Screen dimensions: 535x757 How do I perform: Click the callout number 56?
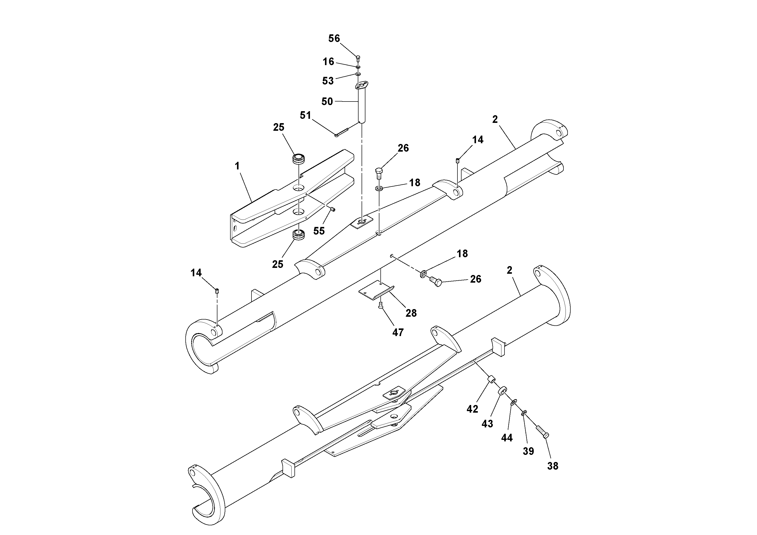(x=334, y=39)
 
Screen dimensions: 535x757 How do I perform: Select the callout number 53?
(x=328, y=81)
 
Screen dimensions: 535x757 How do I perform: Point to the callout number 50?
(x=327, y=102)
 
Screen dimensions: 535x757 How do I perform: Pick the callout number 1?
(x=237, y=166)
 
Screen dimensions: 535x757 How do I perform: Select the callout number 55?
(x=319, y=231)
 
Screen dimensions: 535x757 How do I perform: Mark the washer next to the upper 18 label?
(x=378, y=188)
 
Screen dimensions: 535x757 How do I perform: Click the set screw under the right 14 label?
(x=458, y=161)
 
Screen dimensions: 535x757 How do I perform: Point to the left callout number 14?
(x=196, y=273)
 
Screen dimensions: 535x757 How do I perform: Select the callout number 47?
(x=398, y=332)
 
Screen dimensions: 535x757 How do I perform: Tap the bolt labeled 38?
(x=542, y=431)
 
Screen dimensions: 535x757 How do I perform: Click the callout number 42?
(x=472, y=409)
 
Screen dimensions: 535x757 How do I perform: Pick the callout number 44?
(x=507, y=438)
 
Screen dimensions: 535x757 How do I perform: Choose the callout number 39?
(x=528, y=451)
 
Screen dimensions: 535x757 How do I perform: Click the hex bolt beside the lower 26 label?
(x=436, y=282)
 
